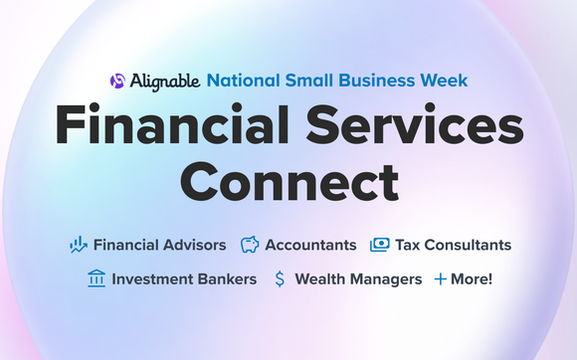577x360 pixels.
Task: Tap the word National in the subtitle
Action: click(242, 80)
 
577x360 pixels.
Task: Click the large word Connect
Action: click(288, 185)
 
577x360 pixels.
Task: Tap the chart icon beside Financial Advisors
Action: click(79, 245)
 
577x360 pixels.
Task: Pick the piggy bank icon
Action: click(250, 245)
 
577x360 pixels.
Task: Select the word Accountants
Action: click(310, 245)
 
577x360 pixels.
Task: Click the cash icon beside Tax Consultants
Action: click(379, 245)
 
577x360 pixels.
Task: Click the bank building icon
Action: click(96, 279)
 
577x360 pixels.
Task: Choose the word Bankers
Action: click(226, 279)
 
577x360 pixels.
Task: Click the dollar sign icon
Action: click(280, 279)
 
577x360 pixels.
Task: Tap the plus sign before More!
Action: click(441, 279)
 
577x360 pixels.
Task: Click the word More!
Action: click(472, 279)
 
